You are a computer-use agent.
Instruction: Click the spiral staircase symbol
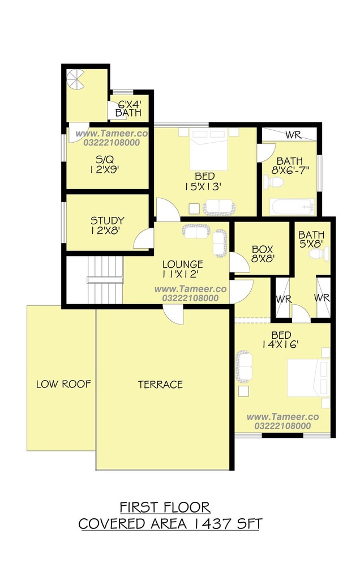coord(75,81)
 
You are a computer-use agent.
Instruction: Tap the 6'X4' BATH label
coord(128,108)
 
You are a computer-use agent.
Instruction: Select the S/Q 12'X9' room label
coord(105,165)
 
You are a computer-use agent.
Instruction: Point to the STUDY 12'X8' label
coord(107,225)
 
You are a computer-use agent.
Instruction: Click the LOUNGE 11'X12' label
coord(183,269)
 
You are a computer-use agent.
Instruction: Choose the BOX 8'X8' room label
coord(263,254)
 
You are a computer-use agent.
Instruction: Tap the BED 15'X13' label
coord(204,181)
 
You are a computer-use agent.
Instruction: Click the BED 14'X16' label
coord(281,340)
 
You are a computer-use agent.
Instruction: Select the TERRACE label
coord(160,385)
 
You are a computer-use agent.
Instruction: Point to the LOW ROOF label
coord(63,384)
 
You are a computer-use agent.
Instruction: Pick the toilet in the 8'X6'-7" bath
coord(273,182)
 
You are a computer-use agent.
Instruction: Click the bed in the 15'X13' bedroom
coord(209,149)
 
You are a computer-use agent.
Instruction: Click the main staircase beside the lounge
coord(105,280)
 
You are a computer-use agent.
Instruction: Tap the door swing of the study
coord(144,239)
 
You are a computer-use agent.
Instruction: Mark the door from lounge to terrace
coord(174,315)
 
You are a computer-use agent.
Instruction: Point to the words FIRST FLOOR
coord(165,507)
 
